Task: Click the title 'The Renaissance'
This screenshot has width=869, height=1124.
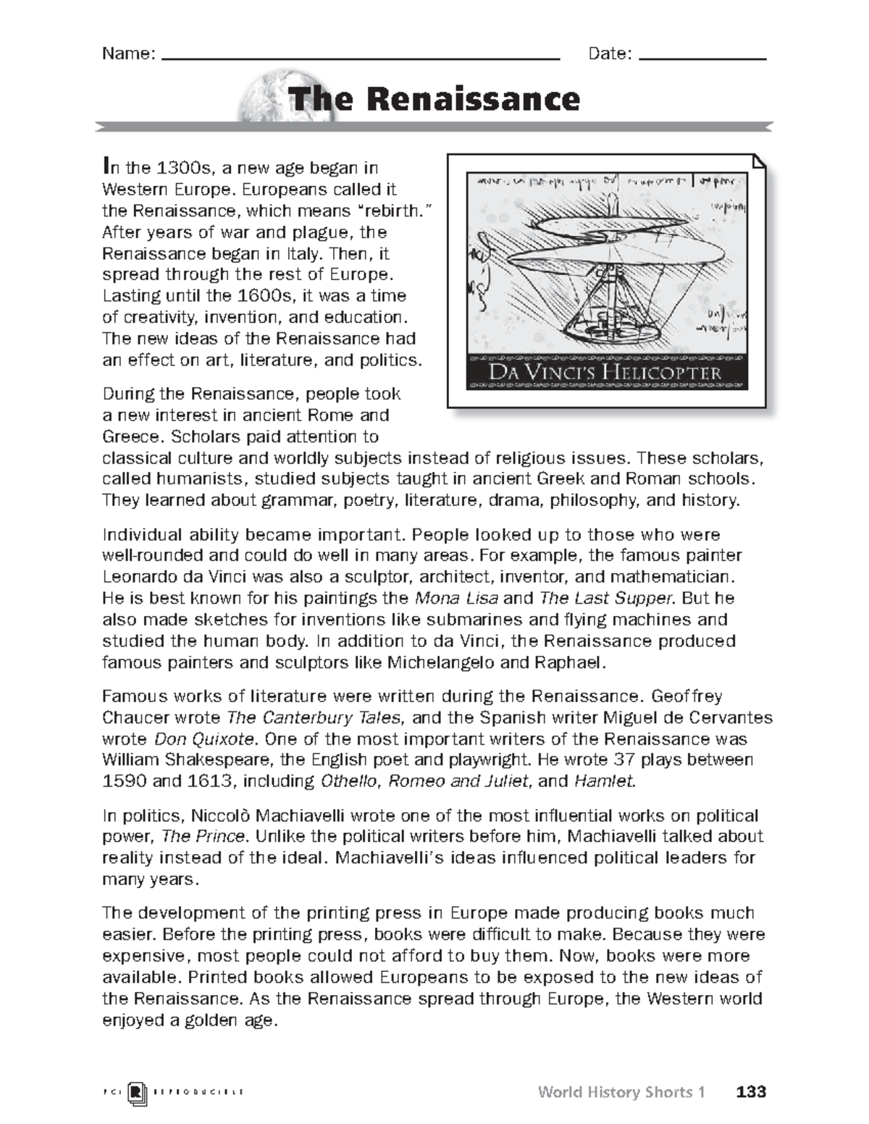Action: (x=434, y=99)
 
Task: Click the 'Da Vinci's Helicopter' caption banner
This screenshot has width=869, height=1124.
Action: (x=605, y=373)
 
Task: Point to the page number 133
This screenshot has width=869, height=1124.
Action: (x=750, y=1091)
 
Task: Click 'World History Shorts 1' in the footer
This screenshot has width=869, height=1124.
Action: (x=621, y=1091)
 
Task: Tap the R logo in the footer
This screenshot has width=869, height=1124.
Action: (x=136, y=1092)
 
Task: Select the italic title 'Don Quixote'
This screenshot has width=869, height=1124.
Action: (x=204, y=739)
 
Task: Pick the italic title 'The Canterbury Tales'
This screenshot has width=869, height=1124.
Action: (x=314, y=718)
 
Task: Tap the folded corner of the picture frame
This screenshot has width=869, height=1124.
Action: (x=758, y=161)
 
